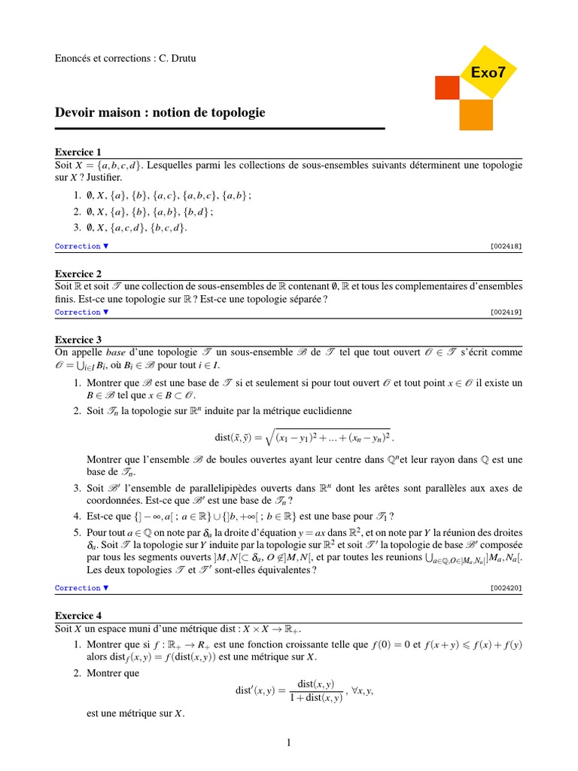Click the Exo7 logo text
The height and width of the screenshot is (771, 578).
(x=488, y=72)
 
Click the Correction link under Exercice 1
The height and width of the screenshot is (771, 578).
(x=81, y=246)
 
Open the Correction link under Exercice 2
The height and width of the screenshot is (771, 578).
(x=81, y=312)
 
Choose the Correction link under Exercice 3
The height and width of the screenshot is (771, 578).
(x=81, y=587)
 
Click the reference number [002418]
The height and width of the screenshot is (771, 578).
(x=506, y=246)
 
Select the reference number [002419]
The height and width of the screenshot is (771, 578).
(x=506, y=312)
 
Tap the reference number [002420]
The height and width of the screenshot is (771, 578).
(x=506, y=587)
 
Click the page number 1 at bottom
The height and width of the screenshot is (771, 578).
(x=288, y=742)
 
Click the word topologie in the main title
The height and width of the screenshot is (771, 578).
(x=235, y=113)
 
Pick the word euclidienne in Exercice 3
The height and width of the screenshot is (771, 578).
(x=325, y=411)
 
